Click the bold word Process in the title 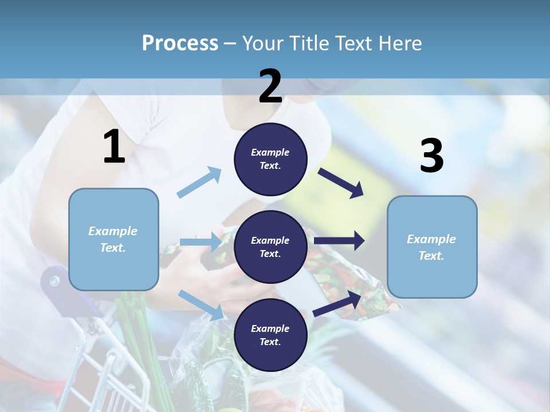pos(180,43)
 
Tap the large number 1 pos(114,147)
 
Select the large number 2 pos(270,86)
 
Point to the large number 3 pos(431,156)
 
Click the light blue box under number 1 pos(113,239)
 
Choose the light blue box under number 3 pos(432,247)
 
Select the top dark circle pos(270,159)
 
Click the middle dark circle pos(270,247)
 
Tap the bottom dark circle pos(270,335)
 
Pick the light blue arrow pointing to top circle pos(199,182)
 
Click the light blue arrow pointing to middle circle pos(201,242)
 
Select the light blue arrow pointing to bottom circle pos(201,304)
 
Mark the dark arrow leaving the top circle pos(341,183)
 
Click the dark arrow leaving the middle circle pos(339,240)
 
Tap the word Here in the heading pos(401,43)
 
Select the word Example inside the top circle pos(270,152)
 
